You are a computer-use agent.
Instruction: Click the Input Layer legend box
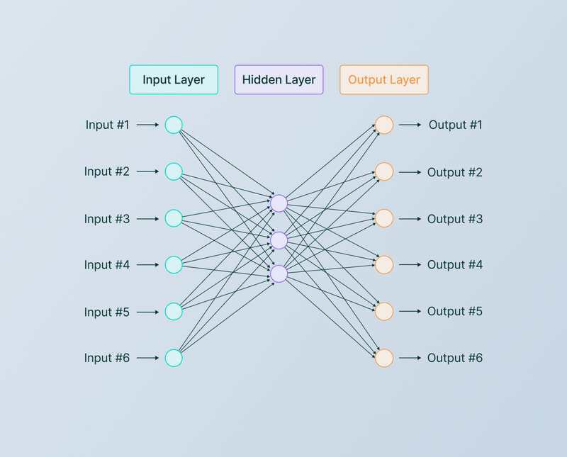pos(174,80)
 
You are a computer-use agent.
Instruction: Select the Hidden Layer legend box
pos(279,80)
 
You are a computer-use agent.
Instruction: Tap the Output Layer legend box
pos(383,80)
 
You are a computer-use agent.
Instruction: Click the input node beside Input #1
pos(174,125)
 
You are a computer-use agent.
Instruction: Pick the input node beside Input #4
pos(174,265)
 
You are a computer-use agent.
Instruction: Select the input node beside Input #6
pos(174,358)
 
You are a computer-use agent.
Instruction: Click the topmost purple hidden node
pos(279,203)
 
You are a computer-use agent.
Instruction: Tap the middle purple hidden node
pos(279,240)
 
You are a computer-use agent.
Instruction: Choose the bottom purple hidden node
pos(279,273)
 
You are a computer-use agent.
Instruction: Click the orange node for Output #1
pos(383,125)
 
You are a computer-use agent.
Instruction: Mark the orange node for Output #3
pos(383,218)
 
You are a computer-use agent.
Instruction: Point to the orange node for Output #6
pos(383,358)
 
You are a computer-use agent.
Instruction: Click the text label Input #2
pos(107,171)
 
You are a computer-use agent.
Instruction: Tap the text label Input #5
pos(107,312)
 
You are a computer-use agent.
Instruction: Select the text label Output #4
pos(455,265)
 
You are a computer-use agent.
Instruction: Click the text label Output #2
pos(455,172)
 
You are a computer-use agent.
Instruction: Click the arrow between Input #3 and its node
pos(147,218)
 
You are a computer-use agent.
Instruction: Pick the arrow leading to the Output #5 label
pos(410,312)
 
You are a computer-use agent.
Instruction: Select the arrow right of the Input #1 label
pos(147,125)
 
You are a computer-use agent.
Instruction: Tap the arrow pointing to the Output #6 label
pos(410,358)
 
